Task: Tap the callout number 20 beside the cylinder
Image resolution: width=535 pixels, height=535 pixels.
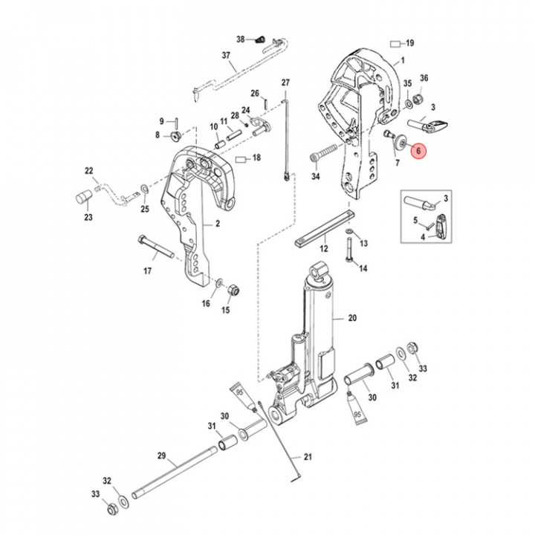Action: click(352, 318)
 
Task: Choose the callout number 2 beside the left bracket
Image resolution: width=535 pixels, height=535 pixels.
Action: click(218, 224)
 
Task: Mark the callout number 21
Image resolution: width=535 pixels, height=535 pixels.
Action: click(308, 456)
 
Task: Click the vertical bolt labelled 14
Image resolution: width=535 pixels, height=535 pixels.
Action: click(347, 250)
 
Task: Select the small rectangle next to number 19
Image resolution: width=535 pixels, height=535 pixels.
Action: click(396, 43)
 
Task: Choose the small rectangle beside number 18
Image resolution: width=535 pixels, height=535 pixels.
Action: click(241, 158)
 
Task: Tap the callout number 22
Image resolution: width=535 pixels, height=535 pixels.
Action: click(89, 171)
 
